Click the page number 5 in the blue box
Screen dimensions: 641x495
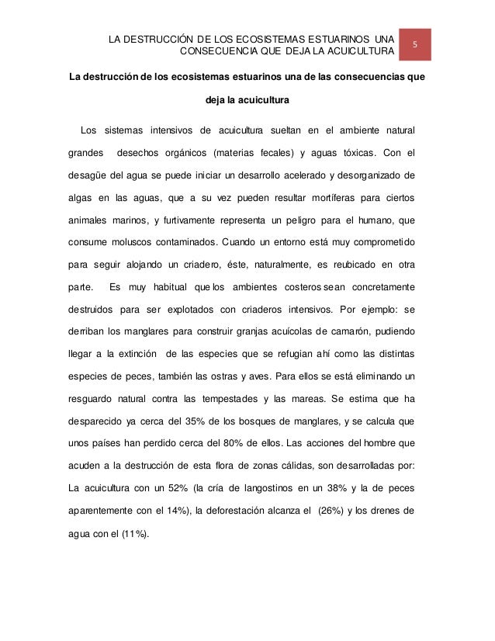[x=414, y=45]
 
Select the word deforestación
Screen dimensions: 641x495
[x=239, y=512]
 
